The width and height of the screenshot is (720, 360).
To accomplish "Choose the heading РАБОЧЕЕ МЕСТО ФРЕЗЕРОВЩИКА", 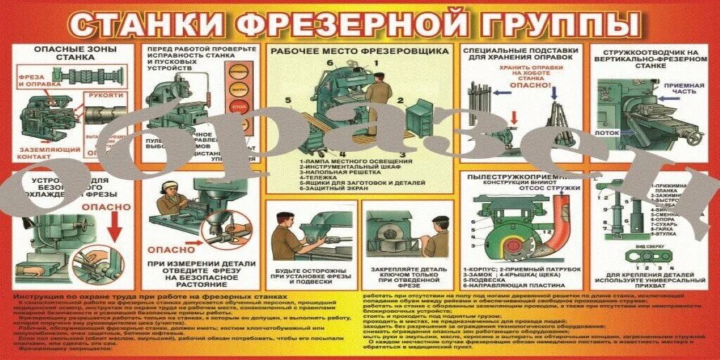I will click(x=359, y=52).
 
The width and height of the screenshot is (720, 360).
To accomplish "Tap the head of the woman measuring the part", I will click(x=171, y=188).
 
